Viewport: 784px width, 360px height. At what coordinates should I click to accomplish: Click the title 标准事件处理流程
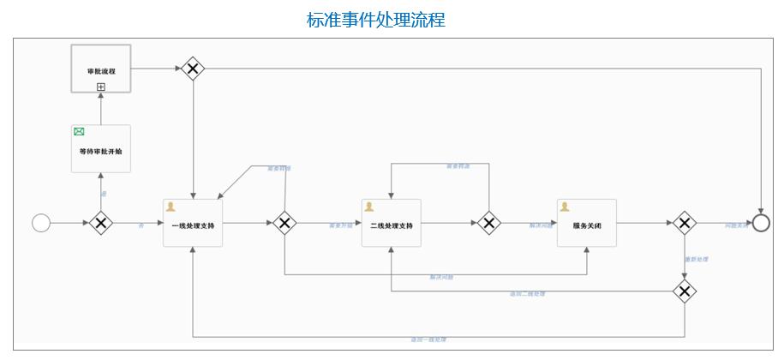pos(376,20)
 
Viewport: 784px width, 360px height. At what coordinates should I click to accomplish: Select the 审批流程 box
pos(101,69)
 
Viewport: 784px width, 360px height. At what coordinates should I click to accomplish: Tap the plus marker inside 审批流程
pos(101,87)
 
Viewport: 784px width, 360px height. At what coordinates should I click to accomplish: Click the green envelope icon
pos(80,132)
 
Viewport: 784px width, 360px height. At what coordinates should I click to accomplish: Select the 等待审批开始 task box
pos(101,149)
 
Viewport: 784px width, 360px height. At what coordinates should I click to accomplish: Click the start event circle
pos(41,224)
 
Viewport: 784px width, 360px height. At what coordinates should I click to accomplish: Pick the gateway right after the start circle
pos(101,224)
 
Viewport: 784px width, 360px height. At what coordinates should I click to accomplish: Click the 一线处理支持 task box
pos(193,224)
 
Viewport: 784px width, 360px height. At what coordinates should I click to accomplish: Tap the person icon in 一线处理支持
pos(171,207)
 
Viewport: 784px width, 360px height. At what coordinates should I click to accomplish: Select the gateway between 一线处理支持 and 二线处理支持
pos(284,224)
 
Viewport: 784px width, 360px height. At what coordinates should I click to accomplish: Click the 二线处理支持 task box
pos(392,224)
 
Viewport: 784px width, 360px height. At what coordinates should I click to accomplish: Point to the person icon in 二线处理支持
pos(369,207)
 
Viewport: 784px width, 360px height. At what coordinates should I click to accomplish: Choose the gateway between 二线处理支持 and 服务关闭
pos(488,224)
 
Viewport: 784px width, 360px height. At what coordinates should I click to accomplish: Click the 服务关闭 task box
pos(587,224)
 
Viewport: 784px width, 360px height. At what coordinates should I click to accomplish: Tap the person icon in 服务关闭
pos(565,207)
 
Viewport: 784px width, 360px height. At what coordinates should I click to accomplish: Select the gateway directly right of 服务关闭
pos(684,224)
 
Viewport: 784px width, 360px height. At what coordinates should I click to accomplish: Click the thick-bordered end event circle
pos(761,224)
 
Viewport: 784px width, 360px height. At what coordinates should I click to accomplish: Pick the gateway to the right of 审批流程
pos(193,69)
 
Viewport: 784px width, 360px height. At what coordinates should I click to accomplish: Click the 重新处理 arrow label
pos(696,259)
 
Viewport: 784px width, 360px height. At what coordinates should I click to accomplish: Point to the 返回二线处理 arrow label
pos(527,294)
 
